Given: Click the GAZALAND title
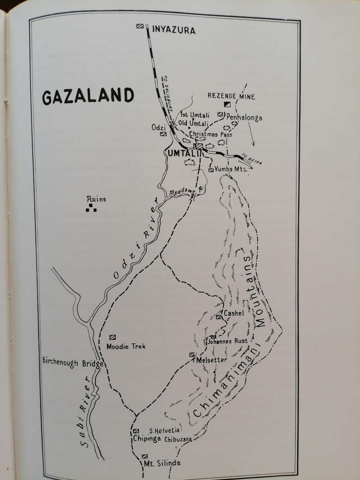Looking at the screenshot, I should coord(88,96).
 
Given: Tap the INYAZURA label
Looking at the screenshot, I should coord(174,30).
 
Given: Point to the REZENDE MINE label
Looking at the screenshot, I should coord(232,96).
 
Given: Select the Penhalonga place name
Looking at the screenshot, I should coord(244,118).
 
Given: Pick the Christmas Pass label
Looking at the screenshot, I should coord(206,134).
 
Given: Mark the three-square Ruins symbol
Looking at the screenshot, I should coord(91,208).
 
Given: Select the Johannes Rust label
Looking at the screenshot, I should coord(228,341).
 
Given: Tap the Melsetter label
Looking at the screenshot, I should coord(209,360).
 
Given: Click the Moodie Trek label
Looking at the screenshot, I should coord(126,346).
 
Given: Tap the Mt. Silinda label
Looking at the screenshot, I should coord(162,464).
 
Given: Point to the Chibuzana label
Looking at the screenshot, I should coord(178,439).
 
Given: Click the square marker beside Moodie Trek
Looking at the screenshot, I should coord(112,337).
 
